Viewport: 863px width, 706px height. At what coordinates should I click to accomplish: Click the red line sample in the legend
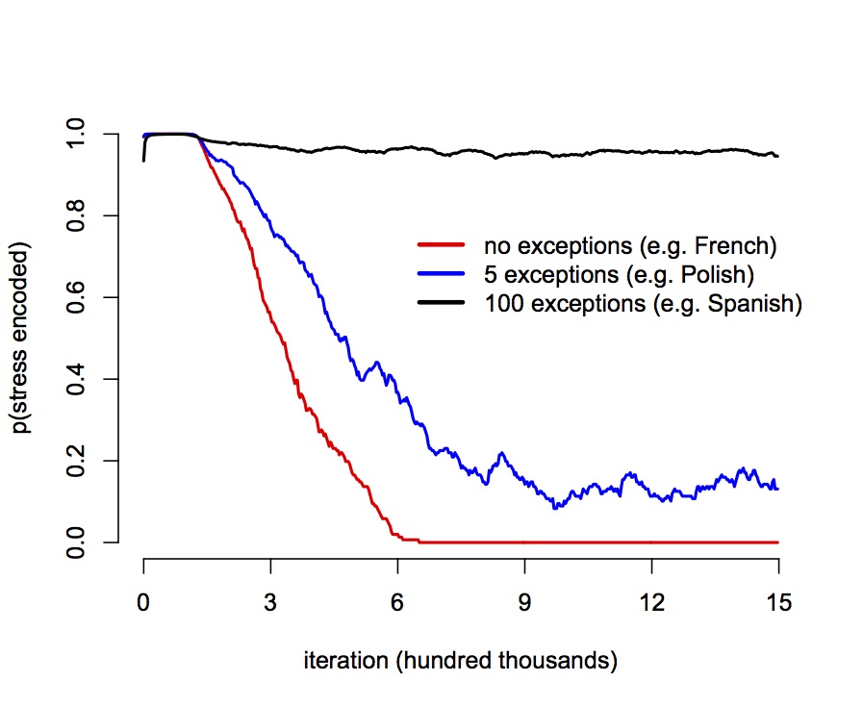point(441,244)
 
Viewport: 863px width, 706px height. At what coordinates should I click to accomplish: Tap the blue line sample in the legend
point(441,274)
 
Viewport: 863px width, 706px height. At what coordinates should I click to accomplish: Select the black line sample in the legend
point(441,304)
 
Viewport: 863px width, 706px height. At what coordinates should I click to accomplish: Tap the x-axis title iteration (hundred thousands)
point(460,661)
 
